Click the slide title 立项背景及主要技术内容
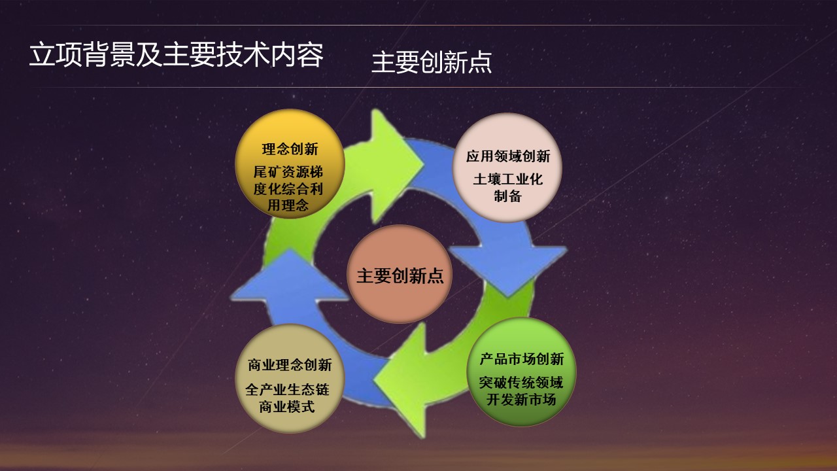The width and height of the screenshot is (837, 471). tap(177, 55)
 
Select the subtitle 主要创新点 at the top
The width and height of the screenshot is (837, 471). tap(432, 62)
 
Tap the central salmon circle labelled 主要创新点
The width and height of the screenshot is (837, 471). tap(400, 274)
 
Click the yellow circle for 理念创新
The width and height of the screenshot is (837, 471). tap(290, 164)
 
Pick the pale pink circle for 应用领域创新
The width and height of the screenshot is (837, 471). tap(507, 168)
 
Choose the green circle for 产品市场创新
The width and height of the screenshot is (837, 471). tap(521, 372)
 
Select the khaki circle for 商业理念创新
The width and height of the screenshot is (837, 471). tap(290, 378)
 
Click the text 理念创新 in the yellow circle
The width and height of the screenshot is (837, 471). tap(290, 149)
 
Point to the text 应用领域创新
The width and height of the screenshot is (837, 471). tap(508, 156)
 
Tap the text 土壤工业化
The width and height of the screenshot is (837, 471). tap(508, 179)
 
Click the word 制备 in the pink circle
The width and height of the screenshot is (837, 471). tap(508, 196)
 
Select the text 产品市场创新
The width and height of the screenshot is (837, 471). tap(522, 359)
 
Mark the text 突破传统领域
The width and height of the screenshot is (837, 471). tap(521, 383)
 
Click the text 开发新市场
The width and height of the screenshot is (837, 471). tap(521, 400)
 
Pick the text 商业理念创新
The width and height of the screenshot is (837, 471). tap(290, 365)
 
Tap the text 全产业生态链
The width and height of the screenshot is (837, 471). tap(287, 390)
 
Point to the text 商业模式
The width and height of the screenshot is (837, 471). tap(287, 407)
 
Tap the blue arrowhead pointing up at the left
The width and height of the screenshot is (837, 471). tap(290, 277)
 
